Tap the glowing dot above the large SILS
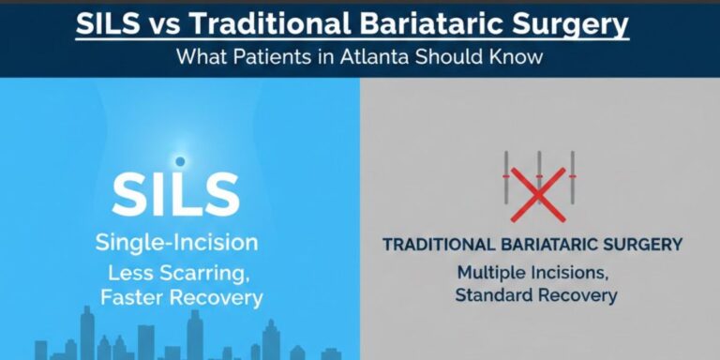point(180,161)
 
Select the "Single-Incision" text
point(176,243)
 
